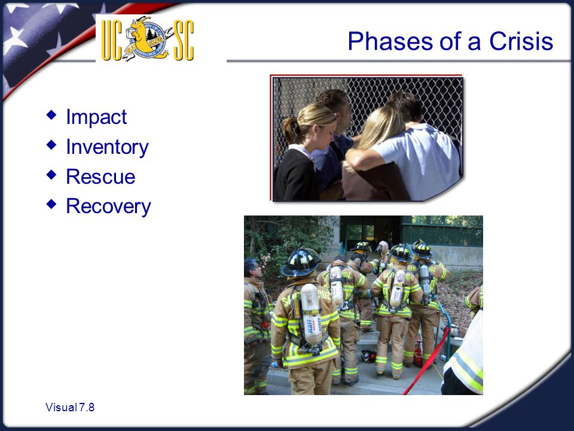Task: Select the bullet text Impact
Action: coord(96,118)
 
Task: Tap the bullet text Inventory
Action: coord(107,147)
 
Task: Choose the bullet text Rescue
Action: coord(100,177)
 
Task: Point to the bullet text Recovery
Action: coord(108,207)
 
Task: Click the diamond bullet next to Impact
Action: coord(51,115)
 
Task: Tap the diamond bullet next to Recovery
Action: coord(51,204)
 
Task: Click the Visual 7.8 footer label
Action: coord(70,407)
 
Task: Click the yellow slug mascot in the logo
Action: coord(141,37)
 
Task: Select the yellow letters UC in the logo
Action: coord(112,40)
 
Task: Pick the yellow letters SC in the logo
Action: coord(184,40)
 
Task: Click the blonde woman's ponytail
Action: coord(290,130)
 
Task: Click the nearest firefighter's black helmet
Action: coord(301,262)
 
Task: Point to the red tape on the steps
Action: coord(427,362)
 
